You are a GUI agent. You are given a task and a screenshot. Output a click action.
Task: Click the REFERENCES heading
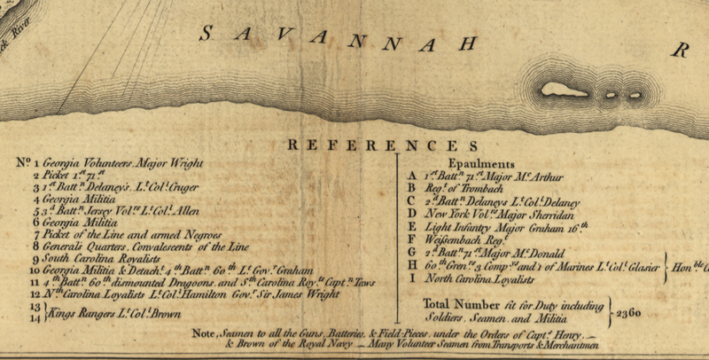(x=383, y=145)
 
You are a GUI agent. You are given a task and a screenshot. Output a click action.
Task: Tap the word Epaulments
(x=480, y=164)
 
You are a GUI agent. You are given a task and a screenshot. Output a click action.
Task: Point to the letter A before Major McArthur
(x=411, y=176)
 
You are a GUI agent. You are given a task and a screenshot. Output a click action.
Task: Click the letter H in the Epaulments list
(x=411, y=266)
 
